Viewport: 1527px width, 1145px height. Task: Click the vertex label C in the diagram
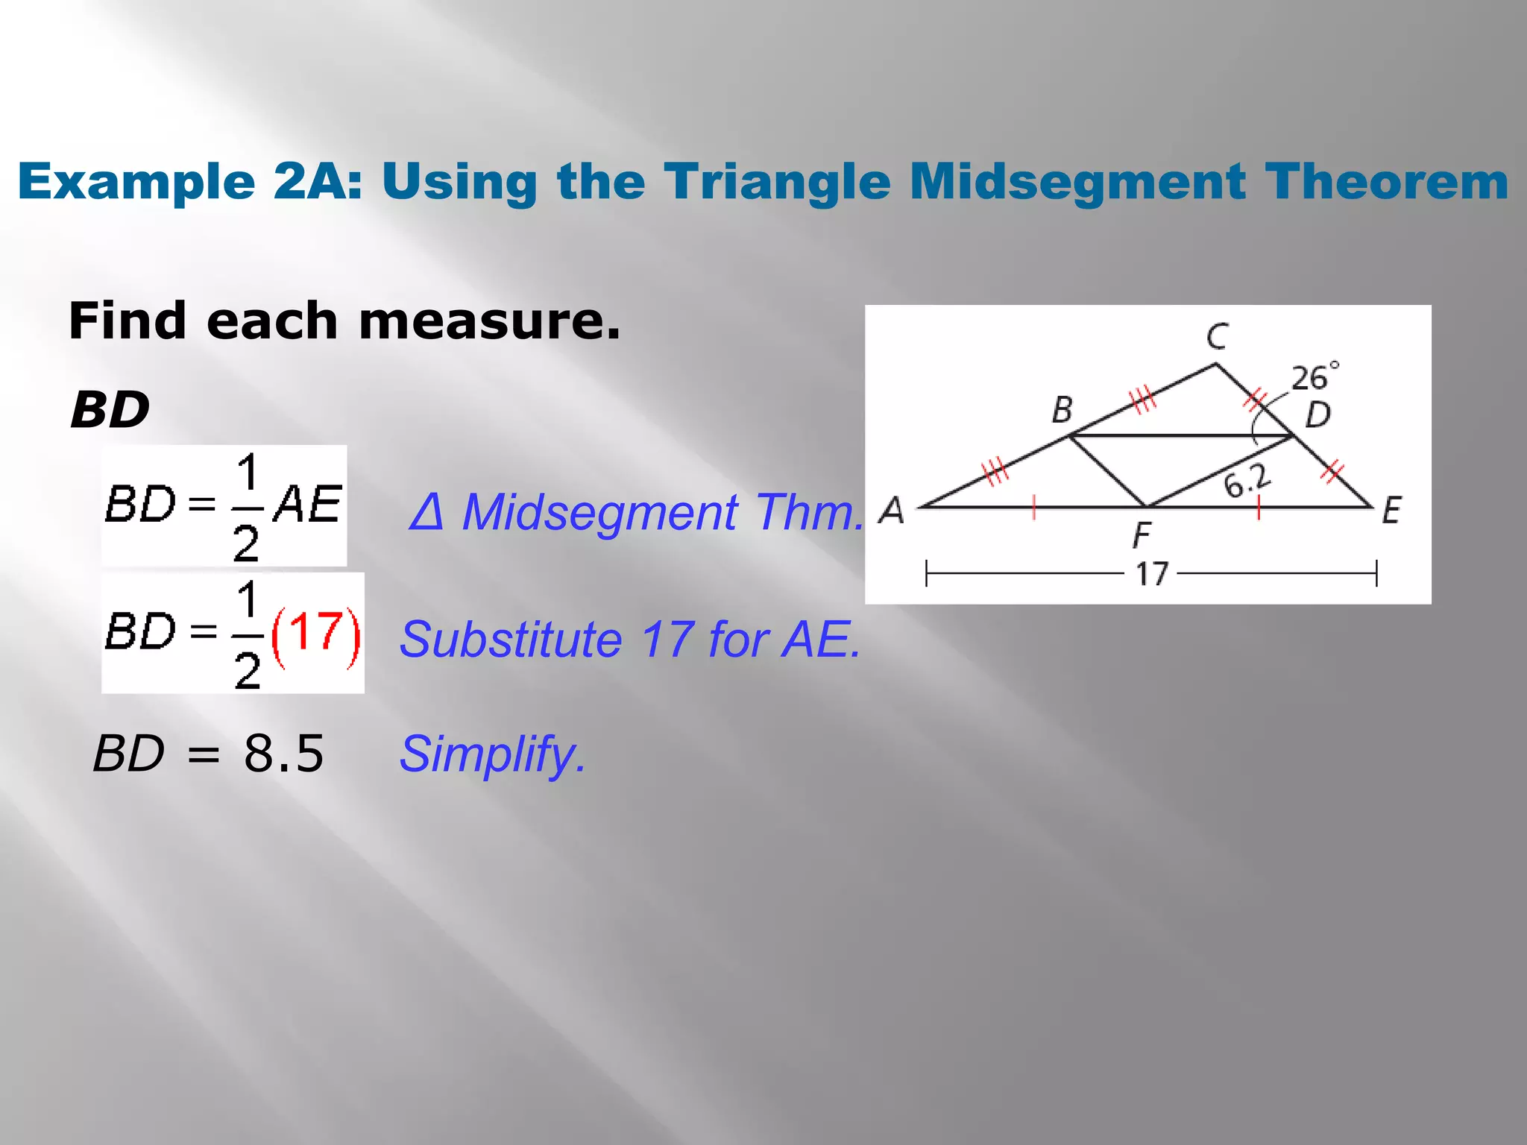(x=1217, y=337)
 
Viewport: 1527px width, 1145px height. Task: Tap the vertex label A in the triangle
(x=891, y=511)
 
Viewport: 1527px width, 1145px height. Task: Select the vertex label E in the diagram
(x=1391, y=511)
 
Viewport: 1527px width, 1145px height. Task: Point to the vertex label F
(x=1142, y=535)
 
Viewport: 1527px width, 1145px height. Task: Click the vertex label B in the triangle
(x=1062, y=410)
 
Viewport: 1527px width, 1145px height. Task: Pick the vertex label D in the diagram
(x=1318, y=414)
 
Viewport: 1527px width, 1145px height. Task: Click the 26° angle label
(x=1315, y=378)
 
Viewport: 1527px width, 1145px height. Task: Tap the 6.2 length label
(x=1247, y=481)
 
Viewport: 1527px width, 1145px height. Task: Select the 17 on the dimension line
(x=1151, y=574)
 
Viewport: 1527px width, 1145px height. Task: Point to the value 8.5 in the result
(x=284, y=753)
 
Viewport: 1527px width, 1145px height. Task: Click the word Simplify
(x=492, y=754)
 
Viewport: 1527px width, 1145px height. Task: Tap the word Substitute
(x=511, y=640)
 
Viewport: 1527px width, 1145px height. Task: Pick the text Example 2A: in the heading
(x=190, y=182)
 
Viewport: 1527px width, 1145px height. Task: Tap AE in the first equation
(x=307, y=505)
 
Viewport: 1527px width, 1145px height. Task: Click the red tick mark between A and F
(x=1033, y=507)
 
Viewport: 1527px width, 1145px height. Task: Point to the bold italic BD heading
(x=110, y=410)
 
